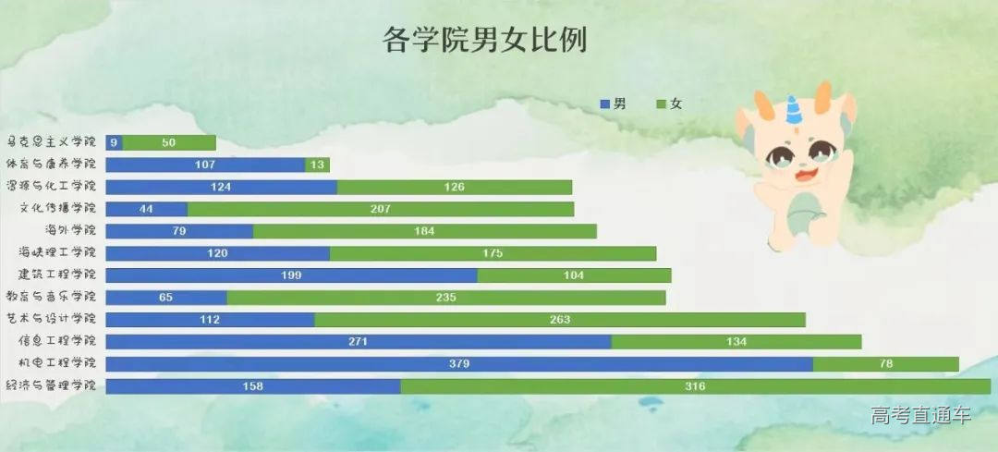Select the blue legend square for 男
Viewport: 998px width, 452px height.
click(606, 104)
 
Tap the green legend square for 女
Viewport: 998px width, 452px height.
click(661, 104)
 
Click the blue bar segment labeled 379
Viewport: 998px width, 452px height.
click(459, 364)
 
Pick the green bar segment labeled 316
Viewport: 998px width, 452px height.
click(695, 386)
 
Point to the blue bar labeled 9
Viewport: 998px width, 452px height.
click(114, 142)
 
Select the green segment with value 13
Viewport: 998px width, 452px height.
click(317, 165)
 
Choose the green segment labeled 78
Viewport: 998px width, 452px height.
click(885, 364)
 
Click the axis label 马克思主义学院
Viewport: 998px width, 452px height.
click(52, 142)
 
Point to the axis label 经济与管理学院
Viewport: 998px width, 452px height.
click(52, 385)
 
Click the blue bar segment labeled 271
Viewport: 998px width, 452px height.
click(359, 342)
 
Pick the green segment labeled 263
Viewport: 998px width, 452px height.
click(559, 320)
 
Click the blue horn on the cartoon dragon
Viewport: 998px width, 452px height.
click(791, 110)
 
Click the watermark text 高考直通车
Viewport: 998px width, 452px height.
click(920, 416)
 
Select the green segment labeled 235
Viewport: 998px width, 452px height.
click(445, 298)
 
